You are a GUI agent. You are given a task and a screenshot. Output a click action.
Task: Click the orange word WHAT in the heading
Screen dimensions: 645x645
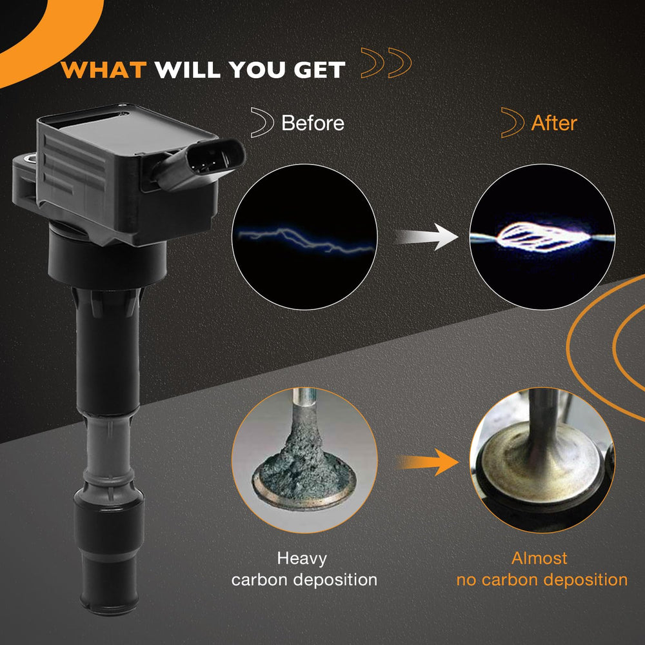coord(103,70)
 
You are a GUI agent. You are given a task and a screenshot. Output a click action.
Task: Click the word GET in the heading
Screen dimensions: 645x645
coord(319,70)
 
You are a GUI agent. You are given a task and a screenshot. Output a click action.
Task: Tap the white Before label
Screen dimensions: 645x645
coord(313,123)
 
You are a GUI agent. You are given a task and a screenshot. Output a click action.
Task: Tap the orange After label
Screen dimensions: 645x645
coord(553,123)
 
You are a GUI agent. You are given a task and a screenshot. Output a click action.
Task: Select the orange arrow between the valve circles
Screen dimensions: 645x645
coord(428,462)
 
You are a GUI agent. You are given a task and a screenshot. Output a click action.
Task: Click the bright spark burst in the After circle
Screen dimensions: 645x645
coord(542,236)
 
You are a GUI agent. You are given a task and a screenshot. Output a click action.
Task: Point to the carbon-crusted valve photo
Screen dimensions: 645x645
coord(304,460)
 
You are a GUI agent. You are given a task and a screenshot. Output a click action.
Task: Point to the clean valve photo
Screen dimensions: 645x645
coord(542,460)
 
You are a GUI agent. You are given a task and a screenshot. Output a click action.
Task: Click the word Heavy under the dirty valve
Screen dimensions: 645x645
coord(302,559)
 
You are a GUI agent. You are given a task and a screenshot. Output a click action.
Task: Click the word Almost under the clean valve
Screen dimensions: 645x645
coord(539,558)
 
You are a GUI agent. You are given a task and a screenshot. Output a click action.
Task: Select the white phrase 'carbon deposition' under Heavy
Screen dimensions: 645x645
coord(304,580)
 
